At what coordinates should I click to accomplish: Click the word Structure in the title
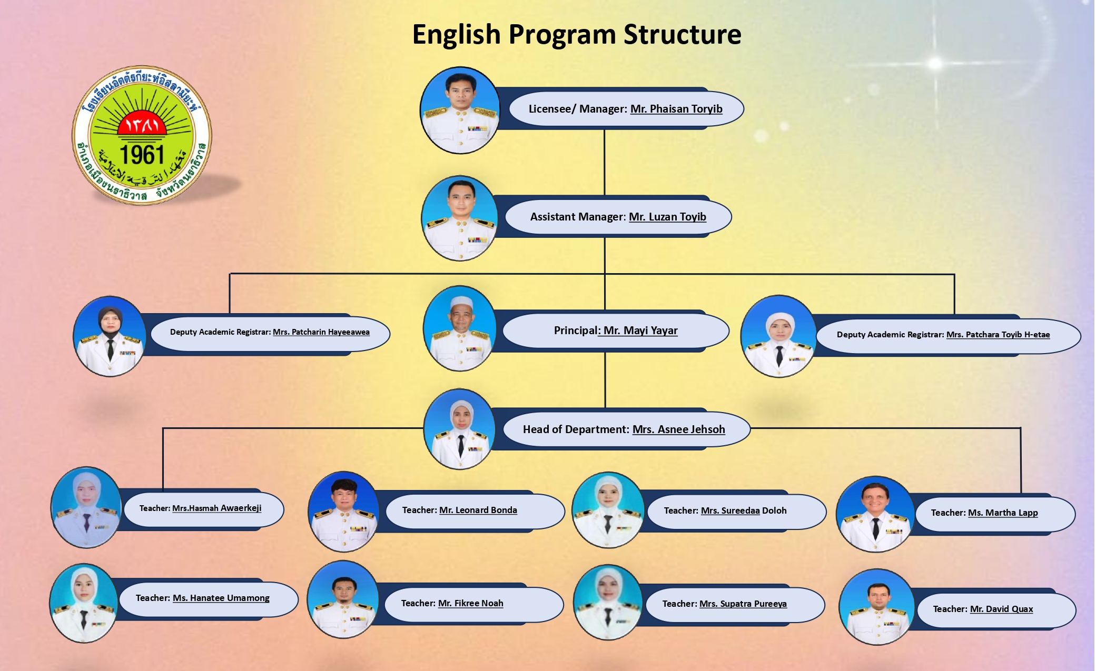(x=682, y=35)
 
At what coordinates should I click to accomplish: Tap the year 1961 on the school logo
(x=142, y=155)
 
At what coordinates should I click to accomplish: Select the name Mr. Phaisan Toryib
(x=676, y=109)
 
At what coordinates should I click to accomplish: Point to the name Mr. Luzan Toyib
(x=667, y=217)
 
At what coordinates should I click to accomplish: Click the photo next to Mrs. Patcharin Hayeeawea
(x=110, y=336)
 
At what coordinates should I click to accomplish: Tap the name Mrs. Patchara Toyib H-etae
(x=998, y=335)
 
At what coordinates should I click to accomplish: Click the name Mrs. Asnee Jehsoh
(x=678, y=429)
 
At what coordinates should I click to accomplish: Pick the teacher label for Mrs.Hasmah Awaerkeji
(x=200, y=508)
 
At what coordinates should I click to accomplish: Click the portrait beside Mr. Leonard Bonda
(x=344, y=512)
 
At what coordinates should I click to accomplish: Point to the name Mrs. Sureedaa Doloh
(x=743, y=510)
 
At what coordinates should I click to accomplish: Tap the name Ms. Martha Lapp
(x=1003, y=513)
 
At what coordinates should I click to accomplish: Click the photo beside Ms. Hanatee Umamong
(x=84, y=603)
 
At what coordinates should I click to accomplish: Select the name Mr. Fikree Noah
(x=470, y=603)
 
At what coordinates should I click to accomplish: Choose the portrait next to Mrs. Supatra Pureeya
(x=608, y=603)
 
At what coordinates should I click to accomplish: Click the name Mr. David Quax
(x=1001, y=609)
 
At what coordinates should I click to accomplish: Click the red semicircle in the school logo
(x=142, y=124)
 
